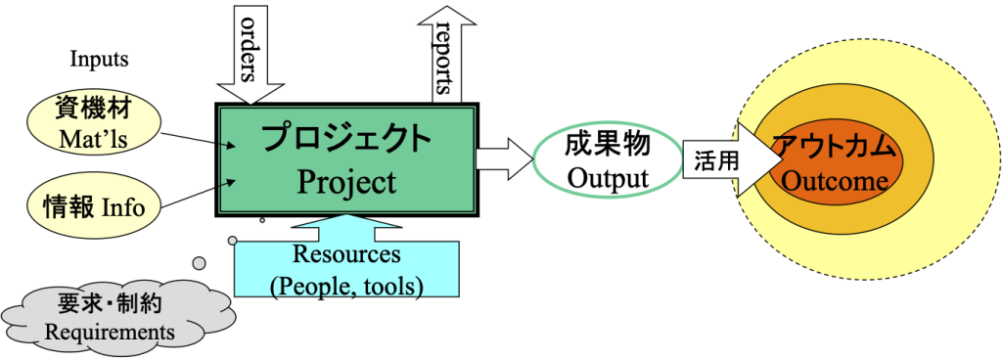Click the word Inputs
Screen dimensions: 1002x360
[x=99, y=60]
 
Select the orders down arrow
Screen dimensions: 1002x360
[x=250, y=54]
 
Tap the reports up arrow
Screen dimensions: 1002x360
[x=446, y=54]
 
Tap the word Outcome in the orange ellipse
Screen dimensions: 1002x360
[x=835, y=181]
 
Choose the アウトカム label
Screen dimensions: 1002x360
[x=835, y=146]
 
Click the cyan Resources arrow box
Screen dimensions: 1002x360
[x=346, y=255]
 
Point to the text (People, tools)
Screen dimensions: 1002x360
[x=347, y=286]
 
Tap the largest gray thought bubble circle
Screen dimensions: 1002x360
[x=200, y=262]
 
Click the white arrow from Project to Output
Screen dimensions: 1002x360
[x=506, y=159]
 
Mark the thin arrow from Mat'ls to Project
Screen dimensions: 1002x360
[x=199, y=140]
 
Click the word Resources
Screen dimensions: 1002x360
[x=346, y=253]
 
